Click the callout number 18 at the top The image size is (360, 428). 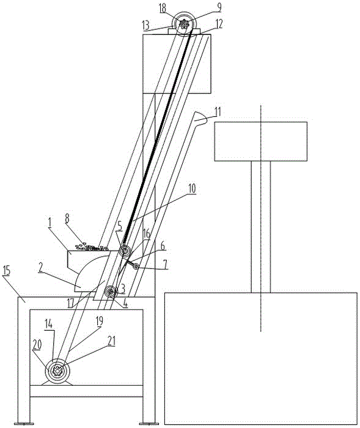[x=163, y=8]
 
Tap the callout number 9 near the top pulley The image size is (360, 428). [x=219, y=7]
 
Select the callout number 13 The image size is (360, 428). [x=145, y=26]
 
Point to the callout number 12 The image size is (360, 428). [x=219, y=24]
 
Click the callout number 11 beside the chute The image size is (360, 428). [x=218, y=112]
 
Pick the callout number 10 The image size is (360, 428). [x=192, y=188]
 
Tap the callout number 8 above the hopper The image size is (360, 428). [x=67, y=218]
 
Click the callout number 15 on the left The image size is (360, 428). [x=7, y=271]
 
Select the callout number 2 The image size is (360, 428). [x=40, y=268]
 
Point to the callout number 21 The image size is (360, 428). [x=112, y=341]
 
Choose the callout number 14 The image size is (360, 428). [x=49, y=325]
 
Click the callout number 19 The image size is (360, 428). [x=100, y=321]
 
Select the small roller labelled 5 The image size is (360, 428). [x=126, y=251]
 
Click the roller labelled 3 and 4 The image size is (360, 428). [x=111, y=292]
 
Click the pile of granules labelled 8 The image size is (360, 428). [x=92, y=248]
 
